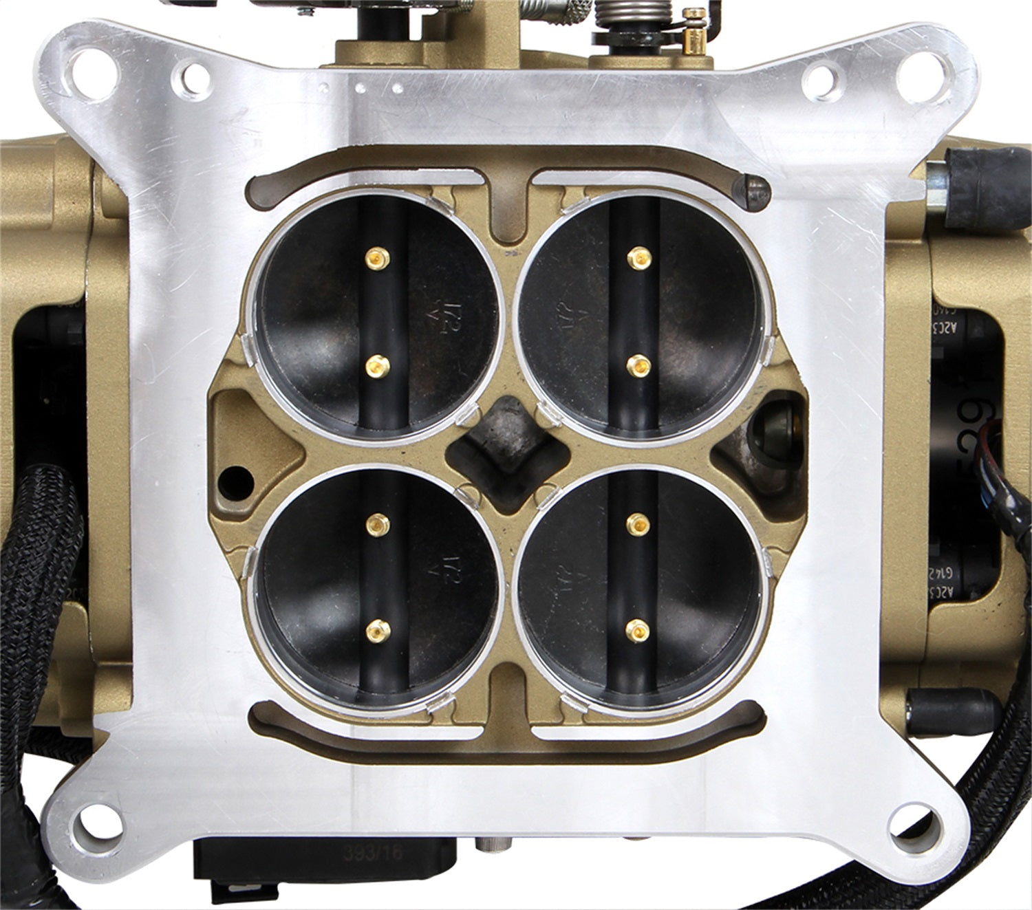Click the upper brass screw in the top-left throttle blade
(376, 258)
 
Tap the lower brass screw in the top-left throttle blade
(376, 365)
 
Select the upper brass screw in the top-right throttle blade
(638, 258)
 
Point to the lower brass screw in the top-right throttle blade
(638, 365)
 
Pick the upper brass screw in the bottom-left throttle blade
(377, 525)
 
